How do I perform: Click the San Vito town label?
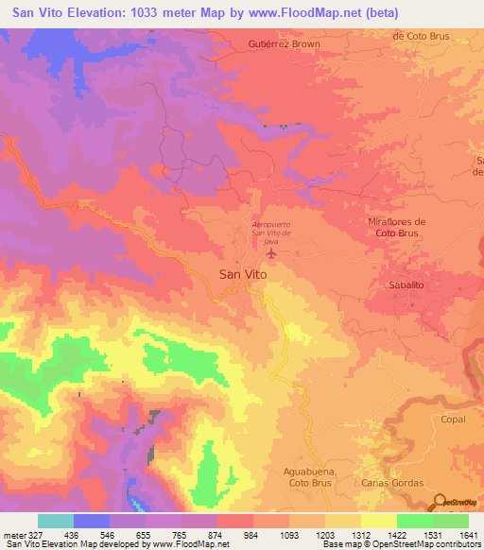[243, 273]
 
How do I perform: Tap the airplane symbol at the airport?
[272, 252]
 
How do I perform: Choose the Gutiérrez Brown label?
[284, 43]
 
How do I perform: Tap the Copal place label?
[453, 418]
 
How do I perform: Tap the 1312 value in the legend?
[361, 535]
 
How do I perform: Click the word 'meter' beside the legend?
[15, 535]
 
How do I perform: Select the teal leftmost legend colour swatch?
[56, 521]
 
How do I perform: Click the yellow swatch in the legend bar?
[378, 521]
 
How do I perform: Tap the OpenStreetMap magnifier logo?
[438, 503]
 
